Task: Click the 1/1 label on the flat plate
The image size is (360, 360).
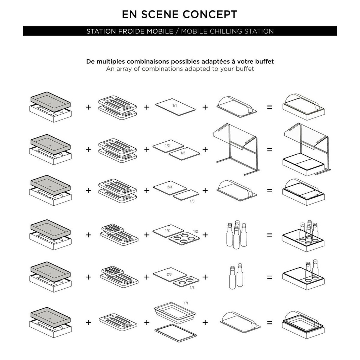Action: pos(175,105)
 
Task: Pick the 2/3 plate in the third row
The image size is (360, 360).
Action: pos(170,188)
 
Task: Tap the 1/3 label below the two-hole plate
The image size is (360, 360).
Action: pos(192,288)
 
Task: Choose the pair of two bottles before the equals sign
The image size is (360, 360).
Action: pos(236,276)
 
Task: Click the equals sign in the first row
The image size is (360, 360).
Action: pos(270,107)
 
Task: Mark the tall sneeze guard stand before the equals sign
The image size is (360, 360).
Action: pos(236,149)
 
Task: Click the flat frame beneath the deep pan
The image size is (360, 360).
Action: pos(176,333)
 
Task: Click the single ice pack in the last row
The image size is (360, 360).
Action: pos(118,321)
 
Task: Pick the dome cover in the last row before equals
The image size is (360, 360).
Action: pos(240,321)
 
